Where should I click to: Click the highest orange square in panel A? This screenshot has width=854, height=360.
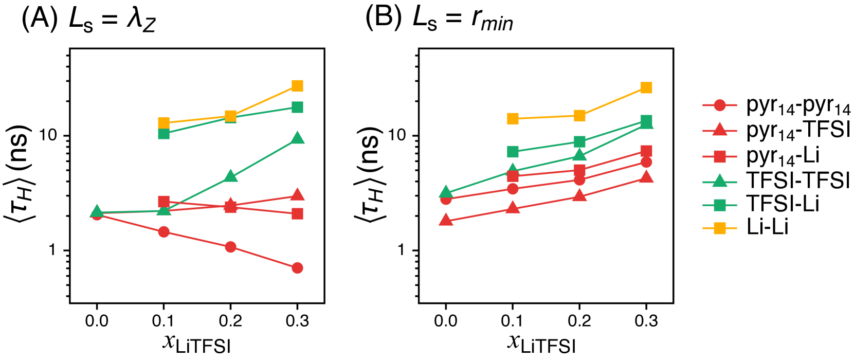coord(297,85)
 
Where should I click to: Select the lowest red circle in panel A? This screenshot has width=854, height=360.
coord(297,267)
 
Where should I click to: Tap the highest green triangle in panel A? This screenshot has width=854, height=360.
coord(297,138)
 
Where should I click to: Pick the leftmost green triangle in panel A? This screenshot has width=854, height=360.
coord(97,211)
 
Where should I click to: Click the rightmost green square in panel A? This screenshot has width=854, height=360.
coord(297,107)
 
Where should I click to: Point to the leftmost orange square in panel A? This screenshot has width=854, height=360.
coord(164,122)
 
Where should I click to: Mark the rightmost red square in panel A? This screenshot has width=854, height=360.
coord(297,213)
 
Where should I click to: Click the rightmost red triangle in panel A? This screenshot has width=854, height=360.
coord(297,194)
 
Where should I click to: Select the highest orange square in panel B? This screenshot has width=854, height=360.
coord(646,87)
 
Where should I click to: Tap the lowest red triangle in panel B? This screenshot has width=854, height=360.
coord(446,220)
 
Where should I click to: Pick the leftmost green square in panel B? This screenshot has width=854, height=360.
coord(513,152)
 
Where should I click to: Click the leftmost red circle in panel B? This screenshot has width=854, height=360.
coord(446,199)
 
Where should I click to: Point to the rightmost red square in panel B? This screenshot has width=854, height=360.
coord(646,151)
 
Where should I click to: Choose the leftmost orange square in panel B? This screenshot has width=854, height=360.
coord(513,119)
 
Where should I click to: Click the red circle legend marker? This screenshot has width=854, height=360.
coord(719,105)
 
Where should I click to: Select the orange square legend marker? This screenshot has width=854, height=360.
coord(719,228)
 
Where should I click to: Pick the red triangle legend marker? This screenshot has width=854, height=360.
coord(719,130)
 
